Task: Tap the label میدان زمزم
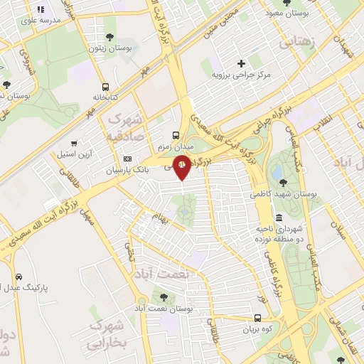point(176,146)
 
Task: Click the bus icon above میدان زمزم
point(176,135)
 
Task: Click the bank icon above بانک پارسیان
point(128,159)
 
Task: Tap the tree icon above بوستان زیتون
point(110,37)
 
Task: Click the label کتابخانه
point(105,97)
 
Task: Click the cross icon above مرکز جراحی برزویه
point(242,63)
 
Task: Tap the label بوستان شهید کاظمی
point(283,193)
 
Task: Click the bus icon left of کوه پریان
point(257,319)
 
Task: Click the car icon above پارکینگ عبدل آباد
point(18,277)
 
